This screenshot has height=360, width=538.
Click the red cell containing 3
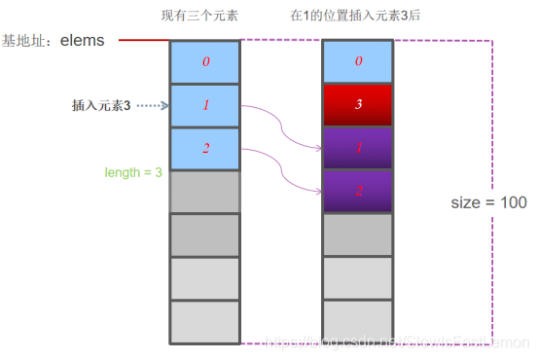pyautogui.click(x=357, y=105)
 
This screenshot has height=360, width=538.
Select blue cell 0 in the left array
pyautogui.click(x=204, y=62)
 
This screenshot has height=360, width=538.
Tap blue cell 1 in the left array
pyautogui.click(x=204, y=105)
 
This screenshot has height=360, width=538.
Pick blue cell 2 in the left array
pyautogui.click(x=204, y=148)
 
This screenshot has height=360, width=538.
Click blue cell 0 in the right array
pyautogui.click(x=357, y=62)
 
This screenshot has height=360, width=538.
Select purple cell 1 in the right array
pyautogui.click(x=357, y=148)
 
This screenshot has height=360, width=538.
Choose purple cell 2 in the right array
pyautogui.click(x=357, y=191)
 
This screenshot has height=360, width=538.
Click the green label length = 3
pyautogui.click(x=133, y=172)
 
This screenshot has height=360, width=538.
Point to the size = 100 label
pyautogui.click(x=489, y=202)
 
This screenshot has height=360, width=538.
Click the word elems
pyautogui.click(x=82, y=41)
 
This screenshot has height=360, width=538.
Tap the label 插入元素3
pyautogui.click(x=101, y=105)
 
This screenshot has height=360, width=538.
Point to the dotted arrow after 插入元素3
pyautogui.click(x=152, y=105)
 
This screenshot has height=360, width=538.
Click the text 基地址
pyautogui.click(x=25, y=41)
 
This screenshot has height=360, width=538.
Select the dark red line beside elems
pyautogui.click(x=143, y=41)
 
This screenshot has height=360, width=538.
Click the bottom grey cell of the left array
pyautogui.click(x=204, y=322)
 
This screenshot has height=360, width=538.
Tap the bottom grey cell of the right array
pyautogui.click(x=357, y=322)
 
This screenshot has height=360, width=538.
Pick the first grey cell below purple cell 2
pyautogui.click(x=357, y=234)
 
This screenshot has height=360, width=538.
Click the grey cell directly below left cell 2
pyautogui.click(x=204, y=191)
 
